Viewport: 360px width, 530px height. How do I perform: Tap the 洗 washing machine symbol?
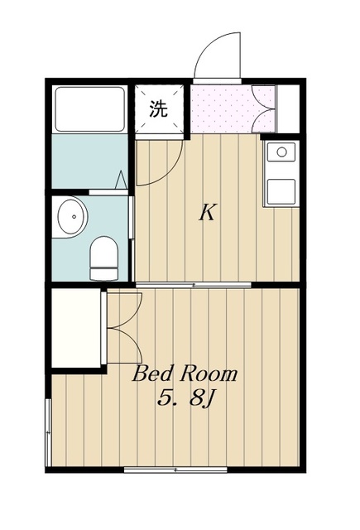click(159, 108)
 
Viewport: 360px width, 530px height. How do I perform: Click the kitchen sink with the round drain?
click(281, 152)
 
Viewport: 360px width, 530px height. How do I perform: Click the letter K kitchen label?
click(207, 213)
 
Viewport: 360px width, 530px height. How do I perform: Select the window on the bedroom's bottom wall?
click(175, 469)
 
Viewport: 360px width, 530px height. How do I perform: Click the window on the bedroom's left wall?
click(49, 431)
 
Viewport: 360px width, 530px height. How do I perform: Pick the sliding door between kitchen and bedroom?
click(194, 285)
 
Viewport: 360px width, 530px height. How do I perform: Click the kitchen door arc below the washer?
click(156, 162)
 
